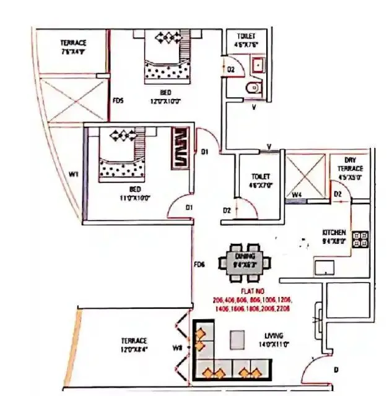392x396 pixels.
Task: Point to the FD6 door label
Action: coord(199,265)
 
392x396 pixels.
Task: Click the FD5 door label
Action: coord(118,101)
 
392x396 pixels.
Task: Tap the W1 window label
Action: coord(73,175)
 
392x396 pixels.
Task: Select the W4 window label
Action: coord(297,197)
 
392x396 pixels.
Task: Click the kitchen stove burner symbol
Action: coord(360,239)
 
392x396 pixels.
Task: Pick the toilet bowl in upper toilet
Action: coord(253,88)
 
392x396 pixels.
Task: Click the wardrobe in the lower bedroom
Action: coord(181,148)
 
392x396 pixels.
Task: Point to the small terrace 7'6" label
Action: coord(73,47)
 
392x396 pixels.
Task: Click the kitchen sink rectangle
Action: coord(324,267)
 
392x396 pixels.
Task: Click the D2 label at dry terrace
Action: coord(338,195)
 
